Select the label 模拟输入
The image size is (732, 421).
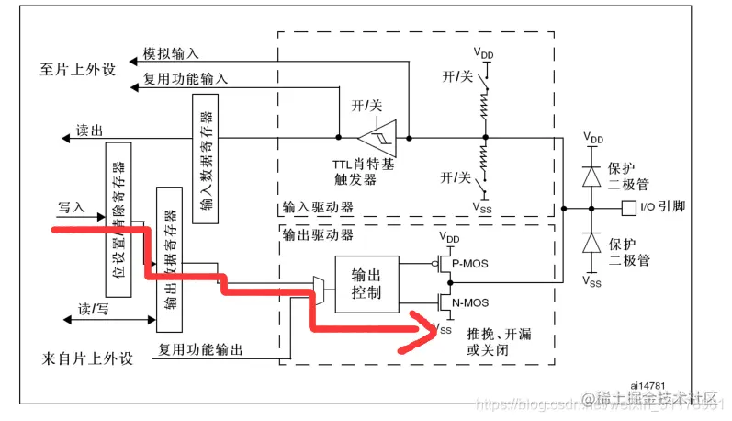(172, 54)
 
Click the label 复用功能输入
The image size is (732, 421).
(186, 79)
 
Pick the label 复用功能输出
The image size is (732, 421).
(199, 349)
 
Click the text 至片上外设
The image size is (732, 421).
(78, 69)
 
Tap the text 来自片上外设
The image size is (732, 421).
(87, 357)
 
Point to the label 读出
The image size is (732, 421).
(90, 130)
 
